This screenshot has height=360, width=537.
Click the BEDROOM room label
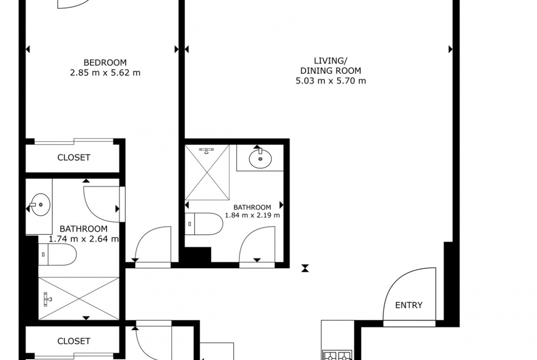point(105,63)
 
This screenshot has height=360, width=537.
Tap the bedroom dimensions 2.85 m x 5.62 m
point(105,73)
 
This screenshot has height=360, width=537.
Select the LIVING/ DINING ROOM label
point(330,66)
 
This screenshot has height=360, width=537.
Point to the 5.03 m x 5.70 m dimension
point(330,81)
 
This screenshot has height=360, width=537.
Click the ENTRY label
point(408,305)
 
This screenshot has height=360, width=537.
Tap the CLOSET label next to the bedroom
point(73,157)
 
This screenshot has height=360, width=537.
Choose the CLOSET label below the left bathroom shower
point(73,341)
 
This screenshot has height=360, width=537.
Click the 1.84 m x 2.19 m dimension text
point(252,215)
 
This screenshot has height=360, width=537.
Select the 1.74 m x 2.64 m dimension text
point(84,239)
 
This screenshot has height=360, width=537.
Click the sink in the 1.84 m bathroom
point(260,158)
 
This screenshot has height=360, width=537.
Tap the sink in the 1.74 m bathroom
point(40,205)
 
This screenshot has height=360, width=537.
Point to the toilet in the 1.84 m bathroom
point(204,224)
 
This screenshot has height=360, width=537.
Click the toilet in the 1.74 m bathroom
point(57,254)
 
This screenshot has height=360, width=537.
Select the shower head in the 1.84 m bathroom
point(207,150)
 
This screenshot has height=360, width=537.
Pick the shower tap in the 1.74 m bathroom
point(47,299)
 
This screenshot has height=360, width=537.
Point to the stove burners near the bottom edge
point(337,356)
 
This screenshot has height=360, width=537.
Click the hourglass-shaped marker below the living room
point(305,268)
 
